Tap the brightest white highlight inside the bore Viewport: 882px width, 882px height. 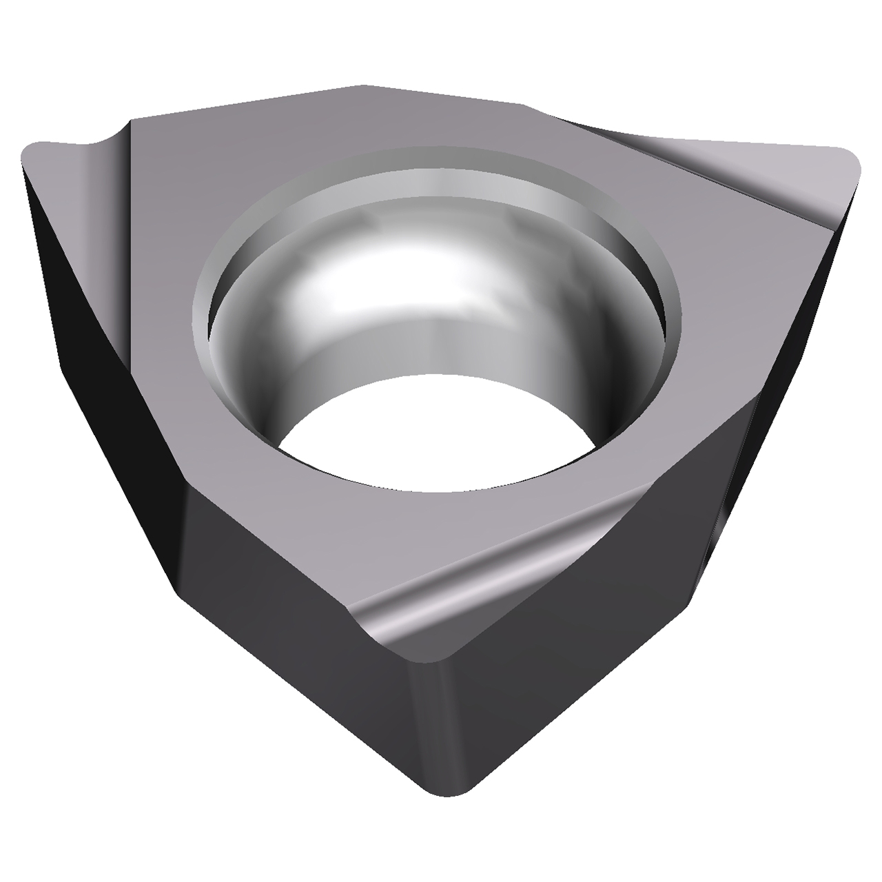point(331,276)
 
